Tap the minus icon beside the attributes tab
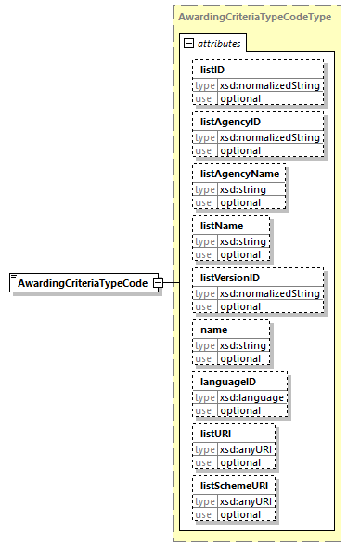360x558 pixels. (188, 43)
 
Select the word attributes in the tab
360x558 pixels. (218, 44)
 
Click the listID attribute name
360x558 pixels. (212, 70)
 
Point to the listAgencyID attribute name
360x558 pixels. (231, 122)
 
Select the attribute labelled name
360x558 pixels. (214, 330)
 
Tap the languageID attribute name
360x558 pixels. (227, 382)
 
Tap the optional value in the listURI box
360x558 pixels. (239, 462)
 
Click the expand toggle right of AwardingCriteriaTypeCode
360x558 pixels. (159, 282)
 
